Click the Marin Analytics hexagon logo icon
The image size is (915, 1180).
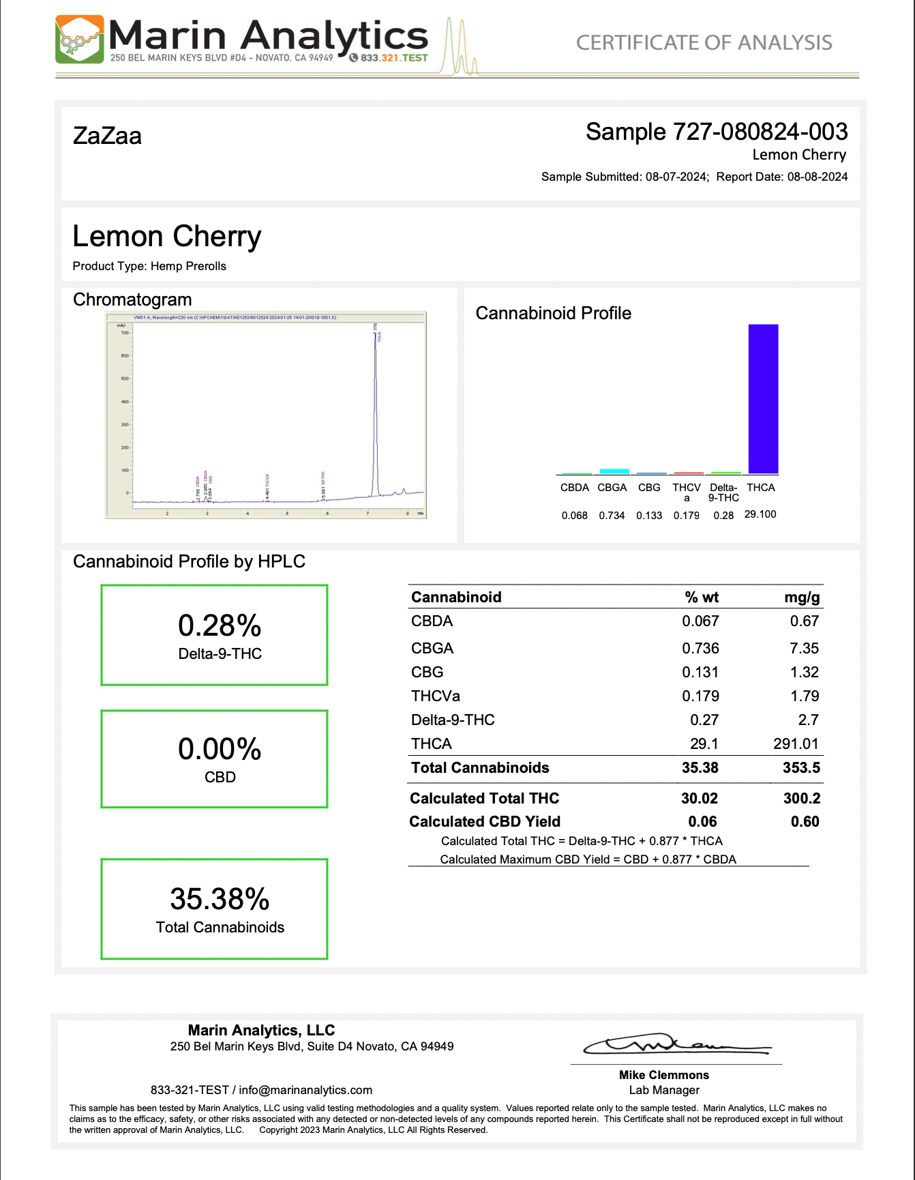[79, 40]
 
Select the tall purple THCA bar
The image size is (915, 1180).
[763, 398]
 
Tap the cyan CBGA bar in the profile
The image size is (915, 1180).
[614, 471]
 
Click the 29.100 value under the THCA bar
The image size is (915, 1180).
[760, 514]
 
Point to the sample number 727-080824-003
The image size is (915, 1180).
[760, 132]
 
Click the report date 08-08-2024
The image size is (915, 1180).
[817, 177]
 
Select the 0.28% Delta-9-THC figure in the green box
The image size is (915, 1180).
[220, 625]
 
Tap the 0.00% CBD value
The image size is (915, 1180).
[220, 749]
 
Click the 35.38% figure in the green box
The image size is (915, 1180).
[220, 899]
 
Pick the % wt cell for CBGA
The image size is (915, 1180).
[700, 648]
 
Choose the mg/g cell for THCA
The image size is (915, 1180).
[796, 743]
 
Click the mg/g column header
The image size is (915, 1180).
[802, 598]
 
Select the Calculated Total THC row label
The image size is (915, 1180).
[484, 798]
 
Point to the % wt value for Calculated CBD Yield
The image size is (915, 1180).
[702, 821]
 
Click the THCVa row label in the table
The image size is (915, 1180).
[435, 696]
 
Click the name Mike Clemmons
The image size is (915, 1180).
[663, 1075]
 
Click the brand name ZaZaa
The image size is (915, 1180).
[107, 136]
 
